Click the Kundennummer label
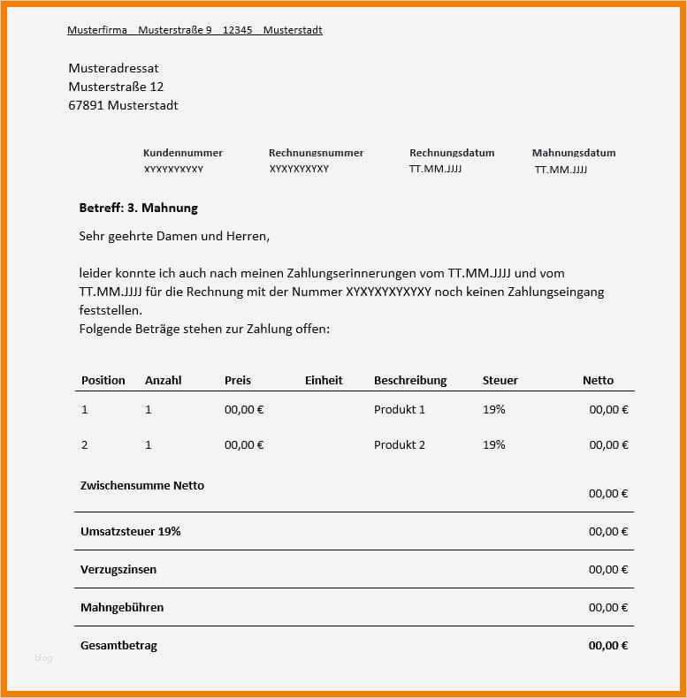pos(183,153)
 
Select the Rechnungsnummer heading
pos(316,153)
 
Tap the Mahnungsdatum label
pos(574,153)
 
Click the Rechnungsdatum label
pos(452,153)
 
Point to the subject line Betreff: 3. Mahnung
pos(139,208)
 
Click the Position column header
pos(103,381)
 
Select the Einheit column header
pos(324,381)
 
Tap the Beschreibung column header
pos(410,381)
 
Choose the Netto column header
pos(598,381)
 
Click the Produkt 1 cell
pos(400,410)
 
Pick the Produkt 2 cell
pos(400,445)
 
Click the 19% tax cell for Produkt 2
pos(494,445)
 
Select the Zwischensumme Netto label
pos(142,486)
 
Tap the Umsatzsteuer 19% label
pos(131,532)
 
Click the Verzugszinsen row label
pos(118,570)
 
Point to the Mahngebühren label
pos(122,608)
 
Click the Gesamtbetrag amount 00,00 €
pos(608,646)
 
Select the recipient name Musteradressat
pos(114,69)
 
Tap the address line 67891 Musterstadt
pos(124,106)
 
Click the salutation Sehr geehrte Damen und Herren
pos(174,237)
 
